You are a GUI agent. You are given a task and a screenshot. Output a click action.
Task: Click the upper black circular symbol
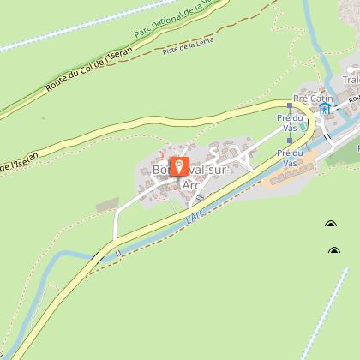[332, 225]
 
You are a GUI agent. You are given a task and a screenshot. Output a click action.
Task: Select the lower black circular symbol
[333, 251]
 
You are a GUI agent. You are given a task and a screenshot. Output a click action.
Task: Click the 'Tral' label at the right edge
[351, 81]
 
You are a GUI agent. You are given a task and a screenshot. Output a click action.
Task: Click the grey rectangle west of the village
[107, 207]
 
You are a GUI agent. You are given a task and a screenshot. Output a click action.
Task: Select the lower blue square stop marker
[290, 141]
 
